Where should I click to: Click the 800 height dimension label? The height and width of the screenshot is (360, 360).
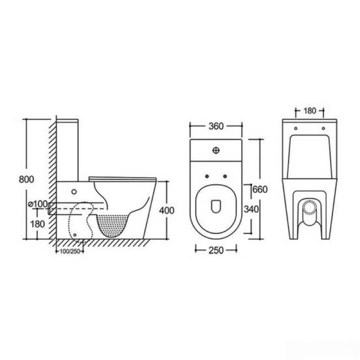(x=26, y=179)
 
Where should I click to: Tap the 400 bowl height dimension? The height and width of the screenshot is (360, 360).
(x=167, y=210)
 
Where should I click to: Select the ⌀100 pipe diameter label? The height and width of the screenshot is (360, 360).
(x=38, y=203)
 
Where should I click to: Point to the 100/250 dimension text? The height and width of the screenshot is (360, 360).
(x=70, y=251)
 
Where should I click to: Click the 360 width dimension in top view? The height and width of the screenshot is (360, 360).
(x=216, y=126)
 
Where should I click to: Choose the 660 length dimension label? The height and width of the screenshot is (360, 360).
(x=260, y=189)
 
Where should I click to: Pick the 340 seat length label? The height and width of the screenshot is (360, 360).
(x=251, y=209)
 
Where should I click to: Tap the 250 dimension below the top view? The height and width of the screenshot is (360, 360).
(x=216, y=250)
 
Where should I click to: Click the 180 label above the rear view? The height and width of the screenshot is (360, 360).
(x=310, y=111)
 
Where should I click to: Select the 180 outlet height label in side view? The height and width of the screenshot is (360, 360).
(x=37, y=224)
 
